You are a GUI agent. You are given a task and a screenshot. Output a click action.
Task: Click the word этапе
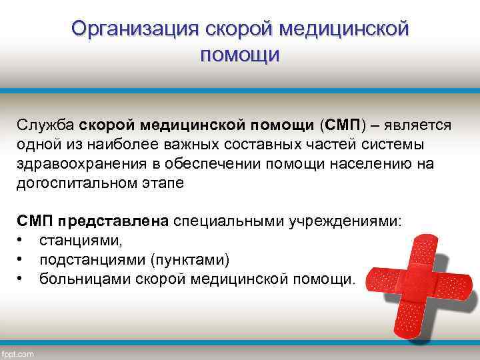tap(159, 183)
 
